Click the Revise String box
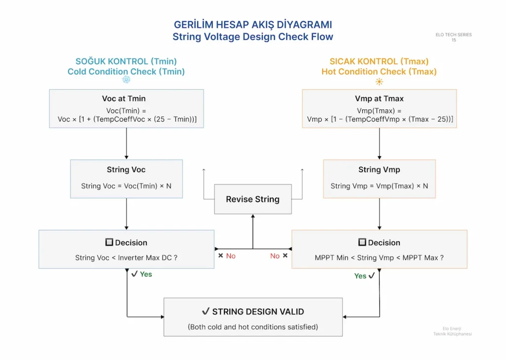point(253,199)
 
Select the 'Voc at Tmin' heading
point(124,98)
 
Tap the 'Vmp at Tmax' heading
point(379,98)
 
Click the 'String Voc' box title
point(126,170)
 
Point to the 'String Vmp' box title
point(379,170)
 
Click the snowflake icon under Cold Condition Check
point(126,80)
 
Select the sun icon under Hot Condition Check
point(379,82)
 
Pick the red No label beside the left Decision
point(231,256)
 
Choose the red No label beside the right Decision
point(275,256)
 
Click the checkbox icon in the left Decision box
point(109,242)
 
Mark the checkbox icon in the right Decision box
point(362,242)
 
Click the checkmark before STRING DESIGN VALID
point(206,311)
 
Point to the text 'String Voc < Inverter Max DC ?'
point(126,258)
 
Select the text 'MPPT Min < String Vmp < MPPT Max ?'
point(379,258)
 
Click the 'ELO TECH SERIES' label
point(454,35)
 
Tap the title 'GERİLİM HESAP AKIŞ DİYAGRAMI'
point(253,25)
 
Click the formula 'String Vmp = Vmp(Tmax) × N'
point(379,186)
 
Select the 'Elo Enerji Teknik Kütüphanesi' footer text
point(453,331)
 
